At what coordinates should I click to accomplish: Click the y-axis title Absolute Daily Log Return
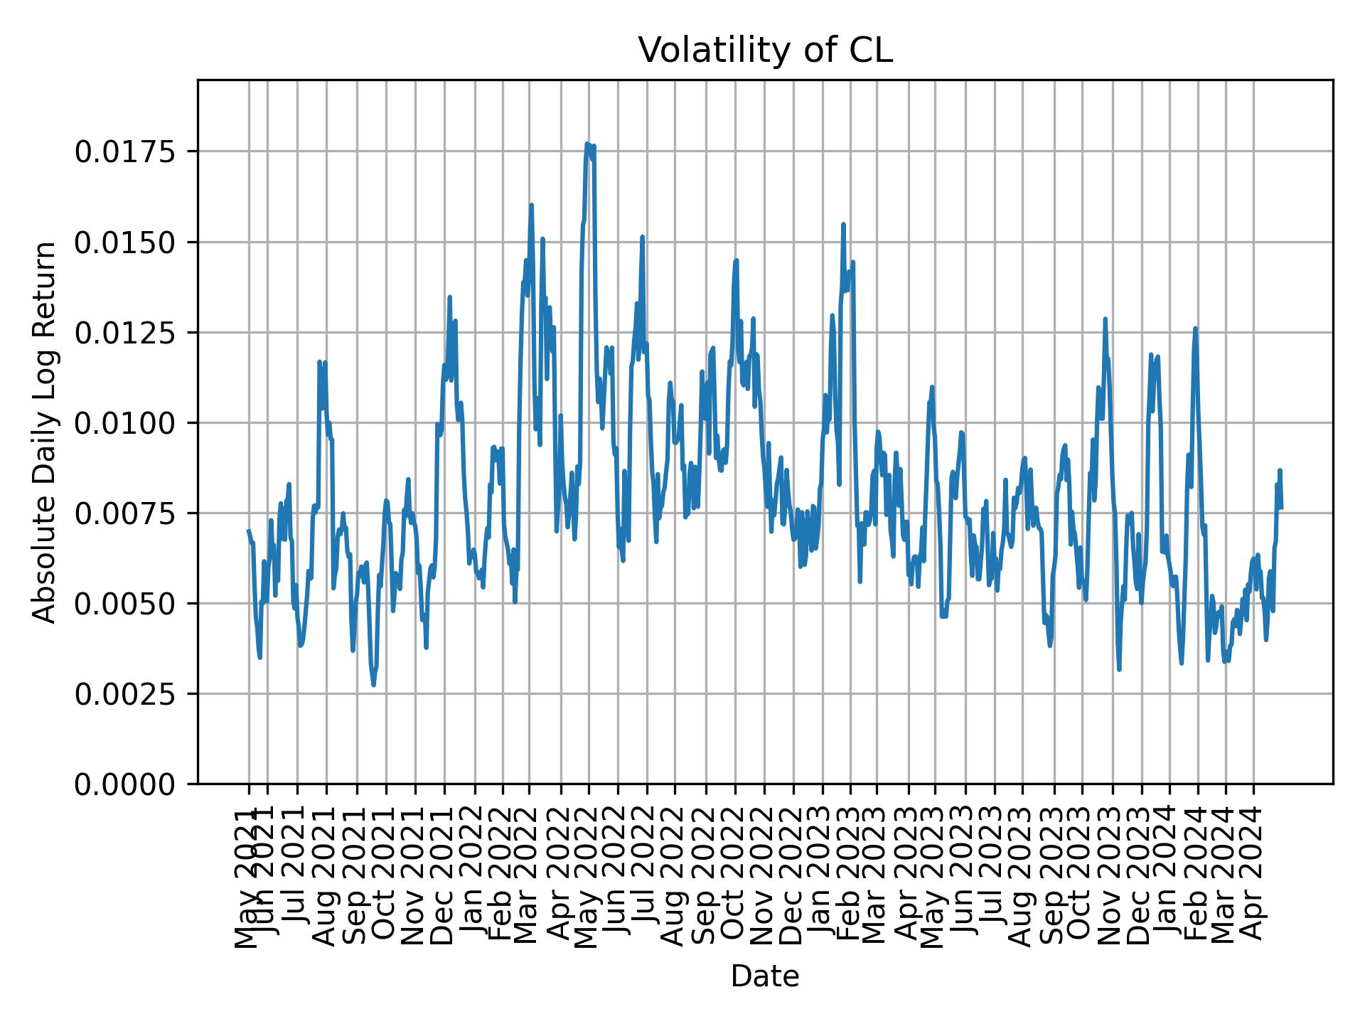tap(45, 432)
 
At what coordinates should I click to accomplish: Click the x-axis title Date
tap(764, 976)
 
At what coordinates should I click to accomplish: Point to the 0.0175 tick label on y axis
tap(125, 152)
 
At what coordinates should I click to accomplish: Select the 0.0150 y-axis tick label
tap(125, 242)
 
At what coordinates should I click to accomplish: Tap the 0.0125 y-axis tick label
tap(125, 333)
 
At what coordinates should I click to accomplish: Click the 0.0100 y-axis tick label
tap(125, 423)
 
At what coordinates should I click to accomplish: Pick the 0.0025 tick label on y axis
tap(125, 694)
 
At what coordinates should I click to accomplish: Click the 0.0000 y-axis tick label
tap(125, 784)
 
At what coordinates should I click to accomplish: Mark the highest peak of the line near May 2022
tap(587, 144)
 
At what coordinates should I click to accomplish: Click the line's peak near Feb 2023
tap(843, 224)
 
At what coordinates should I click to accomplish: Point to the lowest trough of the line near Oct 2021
tap(373, 686)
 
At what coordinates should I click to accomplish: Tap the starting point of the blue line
tap(248, 530)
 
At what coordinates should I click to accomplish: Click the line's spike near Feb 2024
tap(1195, 329)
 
